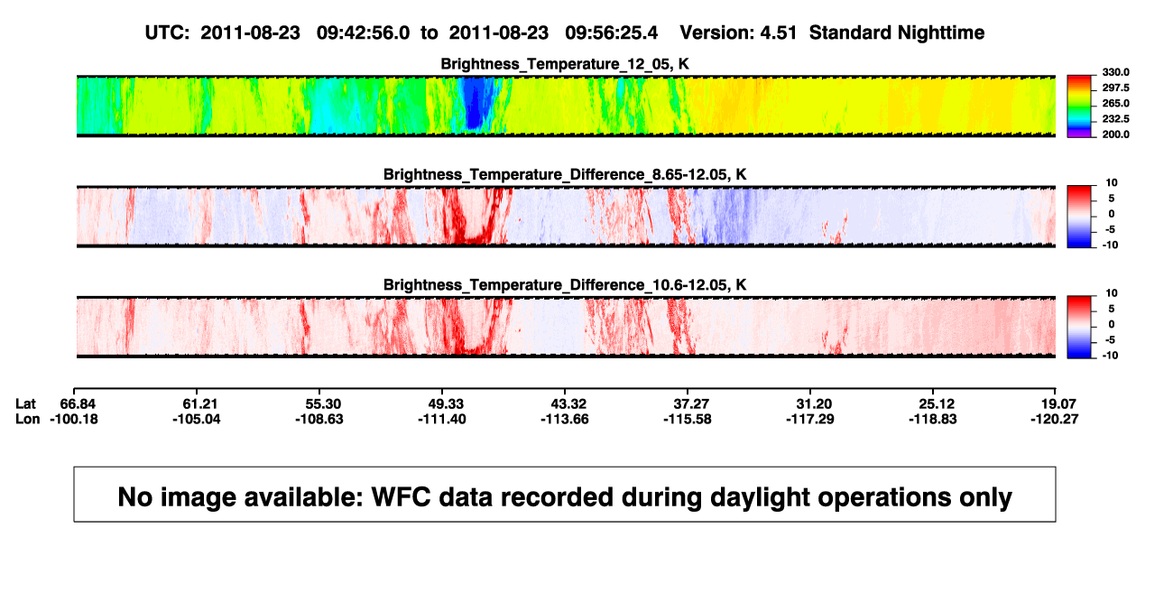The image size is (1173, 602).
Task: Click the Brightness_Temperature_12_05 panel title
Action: tap(565, 64)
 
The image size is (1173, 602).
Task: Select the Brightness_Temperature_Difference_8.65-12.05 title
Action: tap(565, 174)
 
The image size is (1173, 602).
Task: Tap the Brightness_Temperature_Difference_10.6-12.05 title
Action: tap(565, 285)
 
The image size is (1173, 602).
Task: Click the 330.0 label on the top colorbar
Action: tap(1115, 72)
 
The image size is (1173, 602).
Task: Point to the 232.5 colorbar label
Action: tap(1115, 119)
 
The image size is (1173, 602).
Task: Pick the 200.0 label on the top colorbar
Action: tap(1115, 134)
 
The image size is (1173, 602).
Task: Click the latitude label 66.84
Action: tap(78, 404)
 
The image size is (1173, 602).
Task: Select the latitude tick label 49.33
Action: tap(446, 404)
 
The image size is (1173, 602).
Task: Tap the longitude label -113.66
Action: tap(565, 419)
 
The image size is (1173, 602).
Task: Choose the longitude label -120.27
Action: tap(1055, 419)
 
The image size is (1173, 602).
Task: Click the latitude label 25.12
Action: tap(937, 404)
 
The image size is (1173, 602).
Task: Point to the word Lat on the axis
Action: tap(25, 404)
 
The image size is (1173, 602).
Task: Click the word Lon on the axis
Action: tap(27, 419)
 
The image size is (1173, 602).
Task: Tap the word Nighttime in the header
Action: tap(941, 33)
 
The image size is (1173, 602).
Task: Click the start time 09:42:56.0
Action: tap(363, 33)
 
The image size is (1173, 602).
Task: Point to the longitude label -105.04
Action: tap(197, 419)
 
